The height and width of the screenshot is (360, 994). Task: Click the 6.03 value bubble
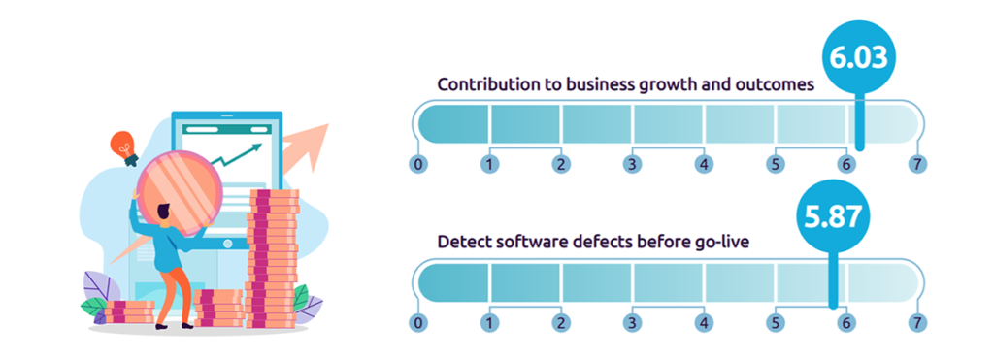click(x=857, y=57)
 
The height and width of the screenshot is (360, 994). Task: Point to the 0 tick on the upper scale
click(x=418, y=164)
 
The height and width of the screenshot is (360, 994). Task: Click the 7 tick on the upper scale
click(x=917, y=164)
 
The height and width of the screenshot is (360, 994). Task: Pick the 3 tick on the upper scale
click(x=632, y=164)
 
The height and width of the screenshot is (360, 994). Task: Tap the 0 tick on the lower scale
click(x=418, y=322)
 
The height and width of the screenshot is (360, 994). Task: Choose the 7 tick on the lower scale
click(x=917, y=322)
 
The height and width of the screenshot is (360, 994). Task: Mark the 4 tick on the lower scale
click(x=704, y=322)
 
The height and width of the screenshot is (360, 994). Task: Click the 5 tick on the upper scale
click(x=775, y=164)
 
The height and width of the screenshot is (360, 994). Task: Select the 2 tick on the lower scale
click(x=561, y=322)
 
